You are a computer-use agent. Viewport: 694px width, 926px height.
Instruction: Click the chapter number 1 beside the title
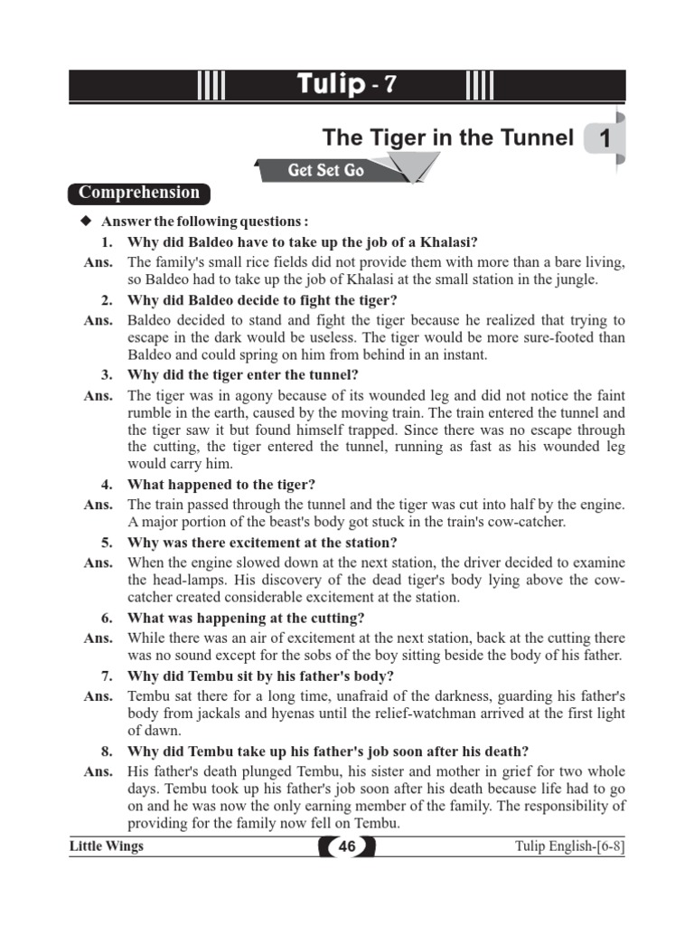pos(604,139)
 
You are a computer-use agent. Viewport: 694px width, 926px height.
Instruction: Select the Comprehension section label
pos(138,193)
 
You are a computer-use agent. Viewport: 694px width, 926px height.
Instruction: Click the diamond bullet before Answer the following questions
pos(86,222)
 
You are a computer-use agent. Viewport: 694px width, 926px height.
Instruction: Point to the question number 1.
pos(107,242)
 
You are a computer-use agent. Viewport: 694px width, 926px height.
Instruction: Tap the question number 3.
pos(107,374)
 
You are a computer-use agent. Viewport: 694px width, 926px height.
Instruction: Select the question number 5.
pos(107,543)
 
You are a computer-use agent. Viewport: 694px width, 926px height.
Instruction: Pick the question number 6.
pos(107,619)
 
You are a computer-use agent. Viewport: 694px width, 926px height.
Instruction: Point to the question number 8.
pos(107,751)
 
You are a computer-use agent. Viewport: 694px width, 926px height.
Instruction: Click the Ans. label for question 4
pos(98,505)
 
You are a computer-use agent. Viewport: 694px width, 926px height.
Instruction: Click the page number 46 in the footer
pos(347,847)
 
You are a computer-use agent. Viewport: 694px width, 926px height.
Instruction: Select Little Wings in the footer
pos(107,846)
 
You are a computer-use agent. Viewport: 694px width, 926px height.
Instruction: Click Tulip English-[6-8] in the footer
pos(570,847)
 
